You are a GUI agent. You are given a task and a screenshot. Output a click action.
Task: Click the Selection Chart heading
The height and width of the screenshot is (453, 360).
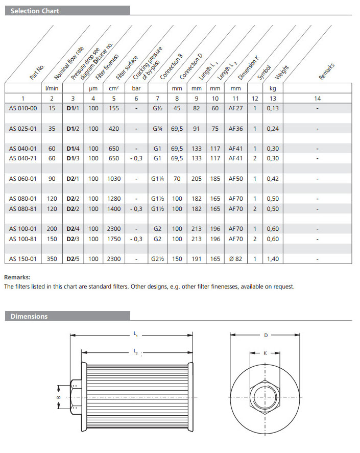[35, 11]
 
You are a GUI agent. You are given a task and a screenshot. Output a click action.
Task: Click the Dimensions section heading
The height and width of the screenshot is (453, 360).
[29, 316]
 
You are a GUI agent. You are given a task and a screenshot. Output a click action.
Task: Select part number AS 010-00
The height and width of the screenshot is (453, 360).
[23, 108]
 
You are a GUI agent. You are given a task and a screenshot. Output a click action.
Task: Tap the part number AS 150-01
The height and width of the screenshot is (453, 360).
[23, 259]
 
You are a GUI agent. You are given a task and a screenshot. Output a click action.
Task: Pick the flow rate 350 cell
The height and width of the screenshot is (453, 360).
[52, 259]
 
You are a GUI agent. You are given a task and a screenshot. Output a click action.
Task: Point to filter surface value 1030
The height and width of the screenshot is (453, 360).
[113, 179]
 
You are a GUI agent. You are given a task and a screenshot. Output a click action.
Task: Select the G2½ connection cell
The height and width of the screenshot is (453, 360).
[157, 259]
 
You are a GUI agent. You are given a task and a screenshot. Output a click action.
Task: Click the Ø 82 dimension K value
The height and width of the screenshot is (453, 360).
[235, 259]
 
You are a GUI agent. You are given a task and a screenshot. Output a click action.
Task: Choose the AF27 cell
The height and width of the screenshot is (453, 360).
[235, 108]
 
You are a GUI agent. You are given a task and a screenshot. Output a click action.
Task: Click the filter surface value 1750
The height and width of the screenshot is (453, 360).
[113, 239]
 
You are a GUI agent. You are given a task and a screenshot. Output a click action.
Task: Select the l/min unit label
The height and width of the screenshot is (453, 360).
[52, 88]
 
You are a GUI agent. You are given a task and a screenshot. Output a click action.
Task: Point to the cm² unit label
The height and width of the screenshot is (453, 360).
[113, 88]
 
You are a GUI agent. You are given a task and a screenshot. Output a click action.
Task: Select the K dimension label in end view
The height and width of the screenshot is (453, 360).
[265, 352]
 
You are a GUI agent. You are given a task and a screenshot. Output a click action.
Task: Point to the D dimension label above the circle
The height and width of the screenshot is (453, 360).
[266, 336]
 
